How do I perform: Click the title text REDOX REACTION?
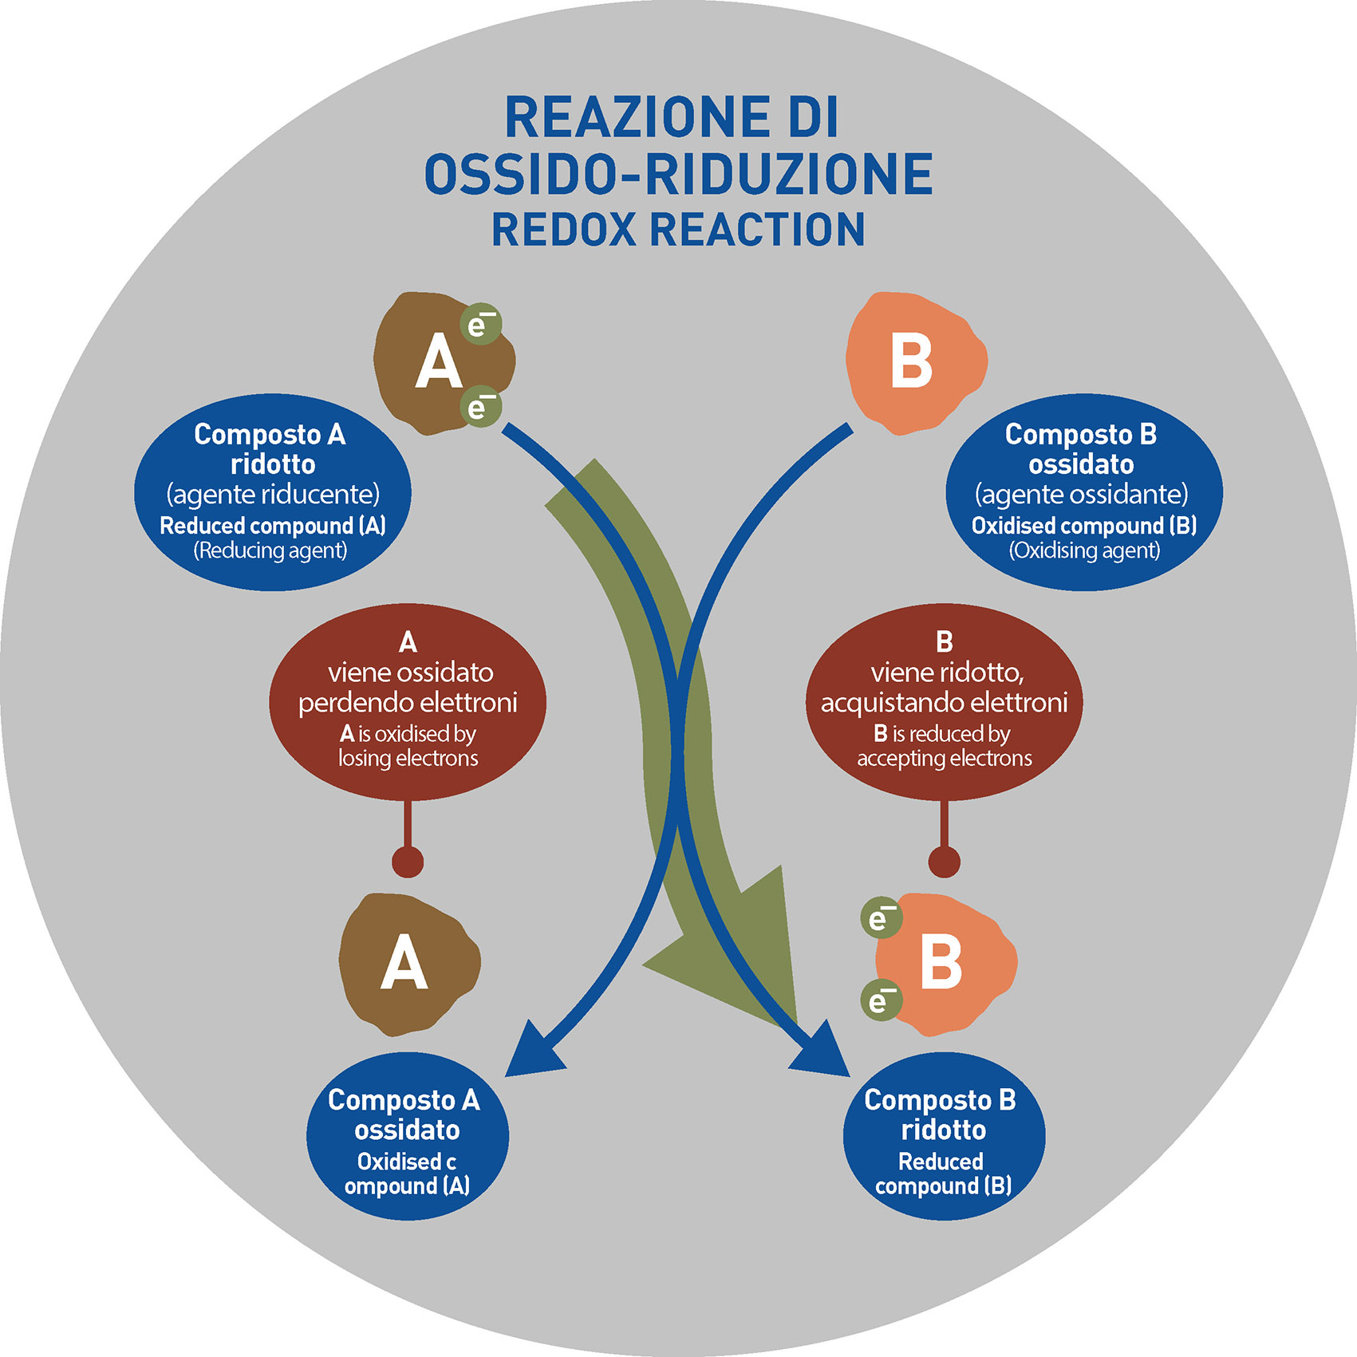click(678, 229)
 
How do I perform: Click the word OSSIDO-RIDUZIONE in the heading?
click(678, 174)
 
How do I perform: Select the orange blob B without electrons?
click(913, 363)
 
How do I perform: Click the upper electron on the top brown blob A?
click(480, 324)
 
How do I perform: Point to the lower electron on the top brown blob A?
click(480, 407)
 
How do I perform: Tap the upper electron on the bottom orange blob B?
click(881, 917)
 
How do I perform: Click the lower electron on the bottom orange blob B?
click(881, 1000)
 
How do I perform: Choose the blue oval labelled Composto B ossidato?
click(1083, 491)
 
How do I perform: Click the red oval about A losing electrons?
click(408, 702)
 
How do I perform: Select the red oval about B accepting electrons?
click(944, 702)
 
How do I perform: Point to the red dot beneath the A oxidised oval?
click(408, 862)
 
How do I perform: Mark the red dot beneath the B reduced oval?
click(945, 862)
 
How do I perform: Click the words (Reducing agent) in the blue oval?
click(271, 550)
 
